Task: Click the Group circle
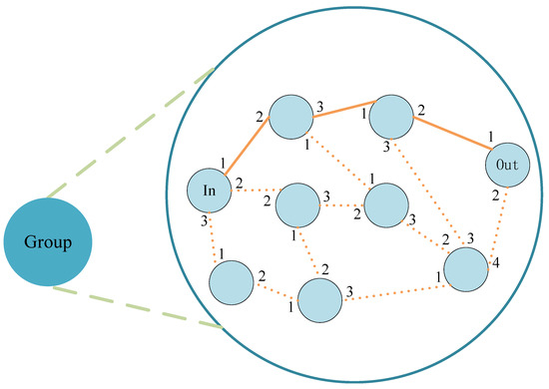48,241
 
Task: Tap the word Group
48,242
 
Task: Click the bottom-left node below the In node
232,282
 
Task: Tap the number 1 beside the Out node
491,137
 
